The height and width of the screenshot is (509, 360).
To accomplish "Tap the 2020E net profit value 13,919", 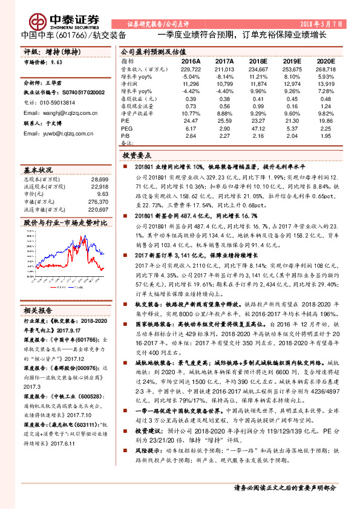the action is (x=326, y=83).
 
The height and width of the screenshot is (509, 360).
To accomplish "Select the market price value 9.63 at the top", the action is (x=57, y=62).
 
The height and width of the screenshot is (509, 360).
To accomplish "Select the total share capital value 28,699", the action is (x=99, y=180).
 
